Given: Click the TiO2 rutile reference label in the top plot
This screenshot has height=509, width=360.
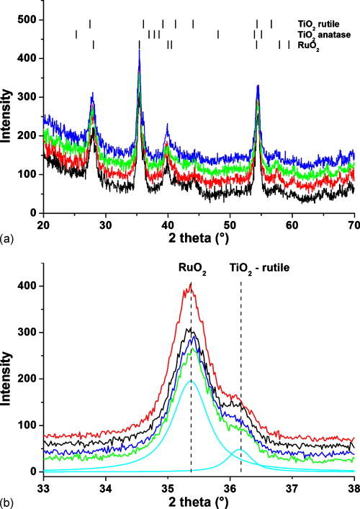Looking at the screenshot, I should [x=323, y=23].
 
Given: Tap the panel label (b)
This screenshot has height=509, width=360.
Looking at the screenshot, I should [x=8, y=499].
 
